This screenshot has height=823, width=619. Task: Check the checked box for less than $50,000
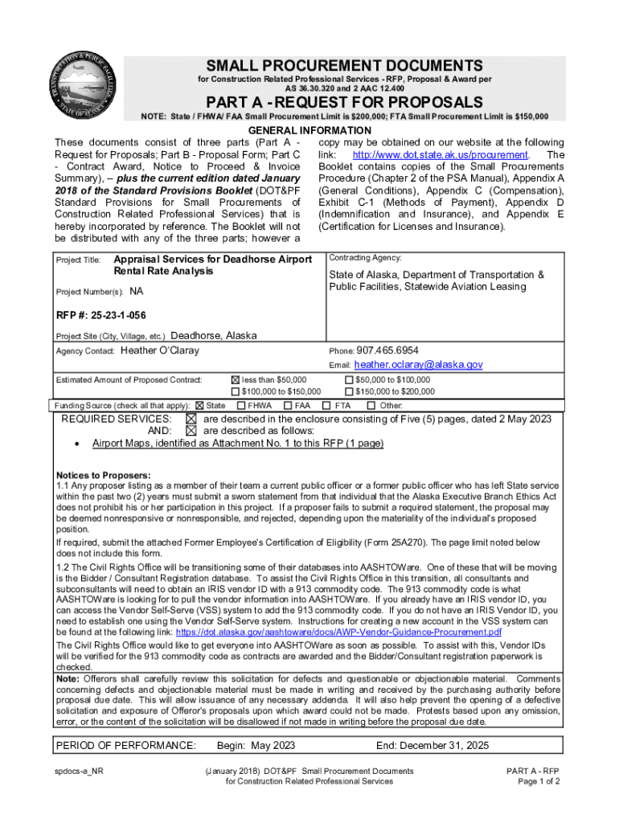click(236, 380)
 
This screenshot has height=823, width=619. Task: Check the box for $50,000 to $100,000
click(349, 380)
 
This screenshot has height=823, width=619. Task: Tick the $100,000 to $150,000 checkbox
click(236, 391)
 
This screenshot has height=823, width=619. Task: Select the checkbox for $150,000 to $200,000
click(349, 391)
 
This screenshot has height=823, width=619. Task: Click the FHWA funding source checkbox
click(240, 406)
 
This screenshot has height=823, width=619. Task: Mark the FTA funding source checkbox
click(326, 406)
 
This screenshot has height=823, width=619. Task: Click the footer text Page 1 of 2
click(539, 781)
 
